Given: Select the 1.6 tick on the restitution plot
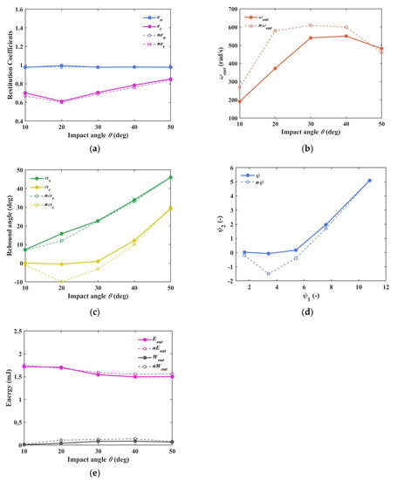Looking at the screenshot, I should click(x=17, y=11).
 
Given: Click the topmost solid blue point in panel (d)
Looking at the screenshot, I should click(x=369, y=181).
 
